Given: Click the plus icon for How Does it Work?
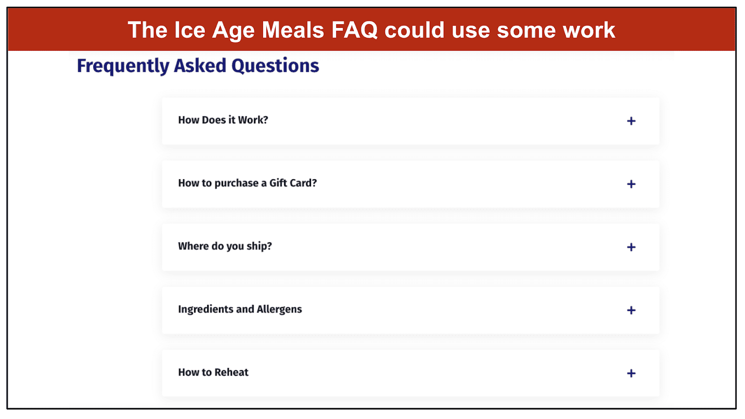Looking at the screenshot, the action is pos(631,121).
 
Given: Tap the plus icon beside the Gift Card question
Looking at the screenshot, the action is pos(631,184).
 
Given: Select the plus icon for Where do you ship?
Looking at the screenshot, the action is pos(631,247).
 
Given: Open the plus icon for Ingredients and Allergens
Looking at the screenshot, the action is pos(631,310).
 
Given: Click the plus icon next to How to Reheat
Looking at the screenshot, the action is pos(631,373).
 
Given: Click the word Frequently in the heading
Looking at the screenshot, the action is pos(123,66).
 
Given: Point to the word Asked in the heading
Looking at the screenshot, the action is pos(200,66).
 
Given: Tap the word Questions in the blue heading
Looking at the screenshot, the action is pos(275,66).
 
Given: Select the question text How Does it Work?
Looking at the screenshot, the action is pos(223,120).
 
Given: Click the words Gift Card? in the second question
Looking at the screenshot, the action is pos(293,183).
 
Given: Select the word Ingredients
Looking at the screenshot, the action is pos(205,310).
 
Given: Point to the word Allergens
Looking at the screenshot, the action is pos(279,310).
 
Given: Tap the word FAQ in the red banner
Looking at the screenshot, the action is pos(354,30).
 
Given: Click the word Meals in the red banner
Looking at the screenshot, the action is pos(293,30).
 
